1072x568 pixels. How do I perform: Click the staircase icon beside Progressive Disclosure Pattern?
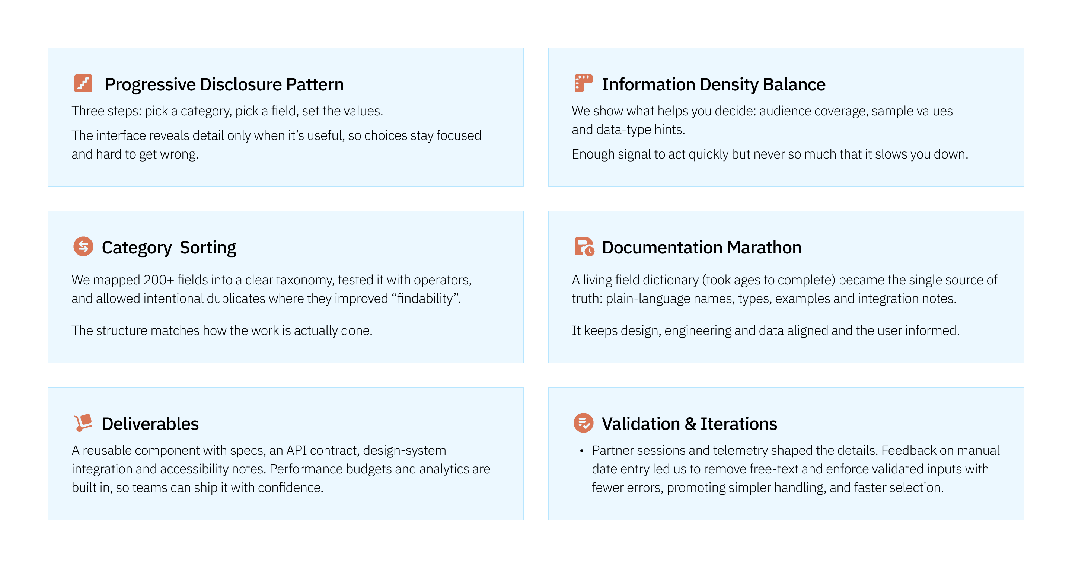[x=83, y=84]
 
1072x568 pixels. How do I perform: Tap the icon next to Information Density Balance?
[x=583, y=83]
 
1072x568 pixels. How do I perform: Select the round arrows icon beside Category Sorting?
[x=83, y=247]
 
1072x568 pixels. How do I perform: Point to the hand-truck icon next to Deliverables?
[x=83, y=423]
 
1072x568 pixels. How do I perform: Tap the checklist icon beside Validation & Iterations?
[x=583, y=423]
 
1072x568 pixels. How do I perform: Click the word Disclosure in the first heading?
[x=241, y=84]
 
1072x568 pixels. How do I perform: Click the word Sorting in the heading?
[x=208, y=248]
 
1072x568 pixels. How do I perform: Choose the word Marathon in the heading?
[x=764, y=248]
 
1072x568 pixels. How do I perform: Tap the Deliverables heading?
[x=150, y=424]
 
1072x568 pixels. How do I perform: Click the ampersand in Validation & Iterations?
[x=690, y=424]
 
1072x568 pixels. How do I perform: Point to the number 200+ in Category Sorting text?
[x=159, y=280]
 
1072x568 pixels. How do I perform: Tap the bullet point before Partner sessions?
[x=582, y=451]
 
